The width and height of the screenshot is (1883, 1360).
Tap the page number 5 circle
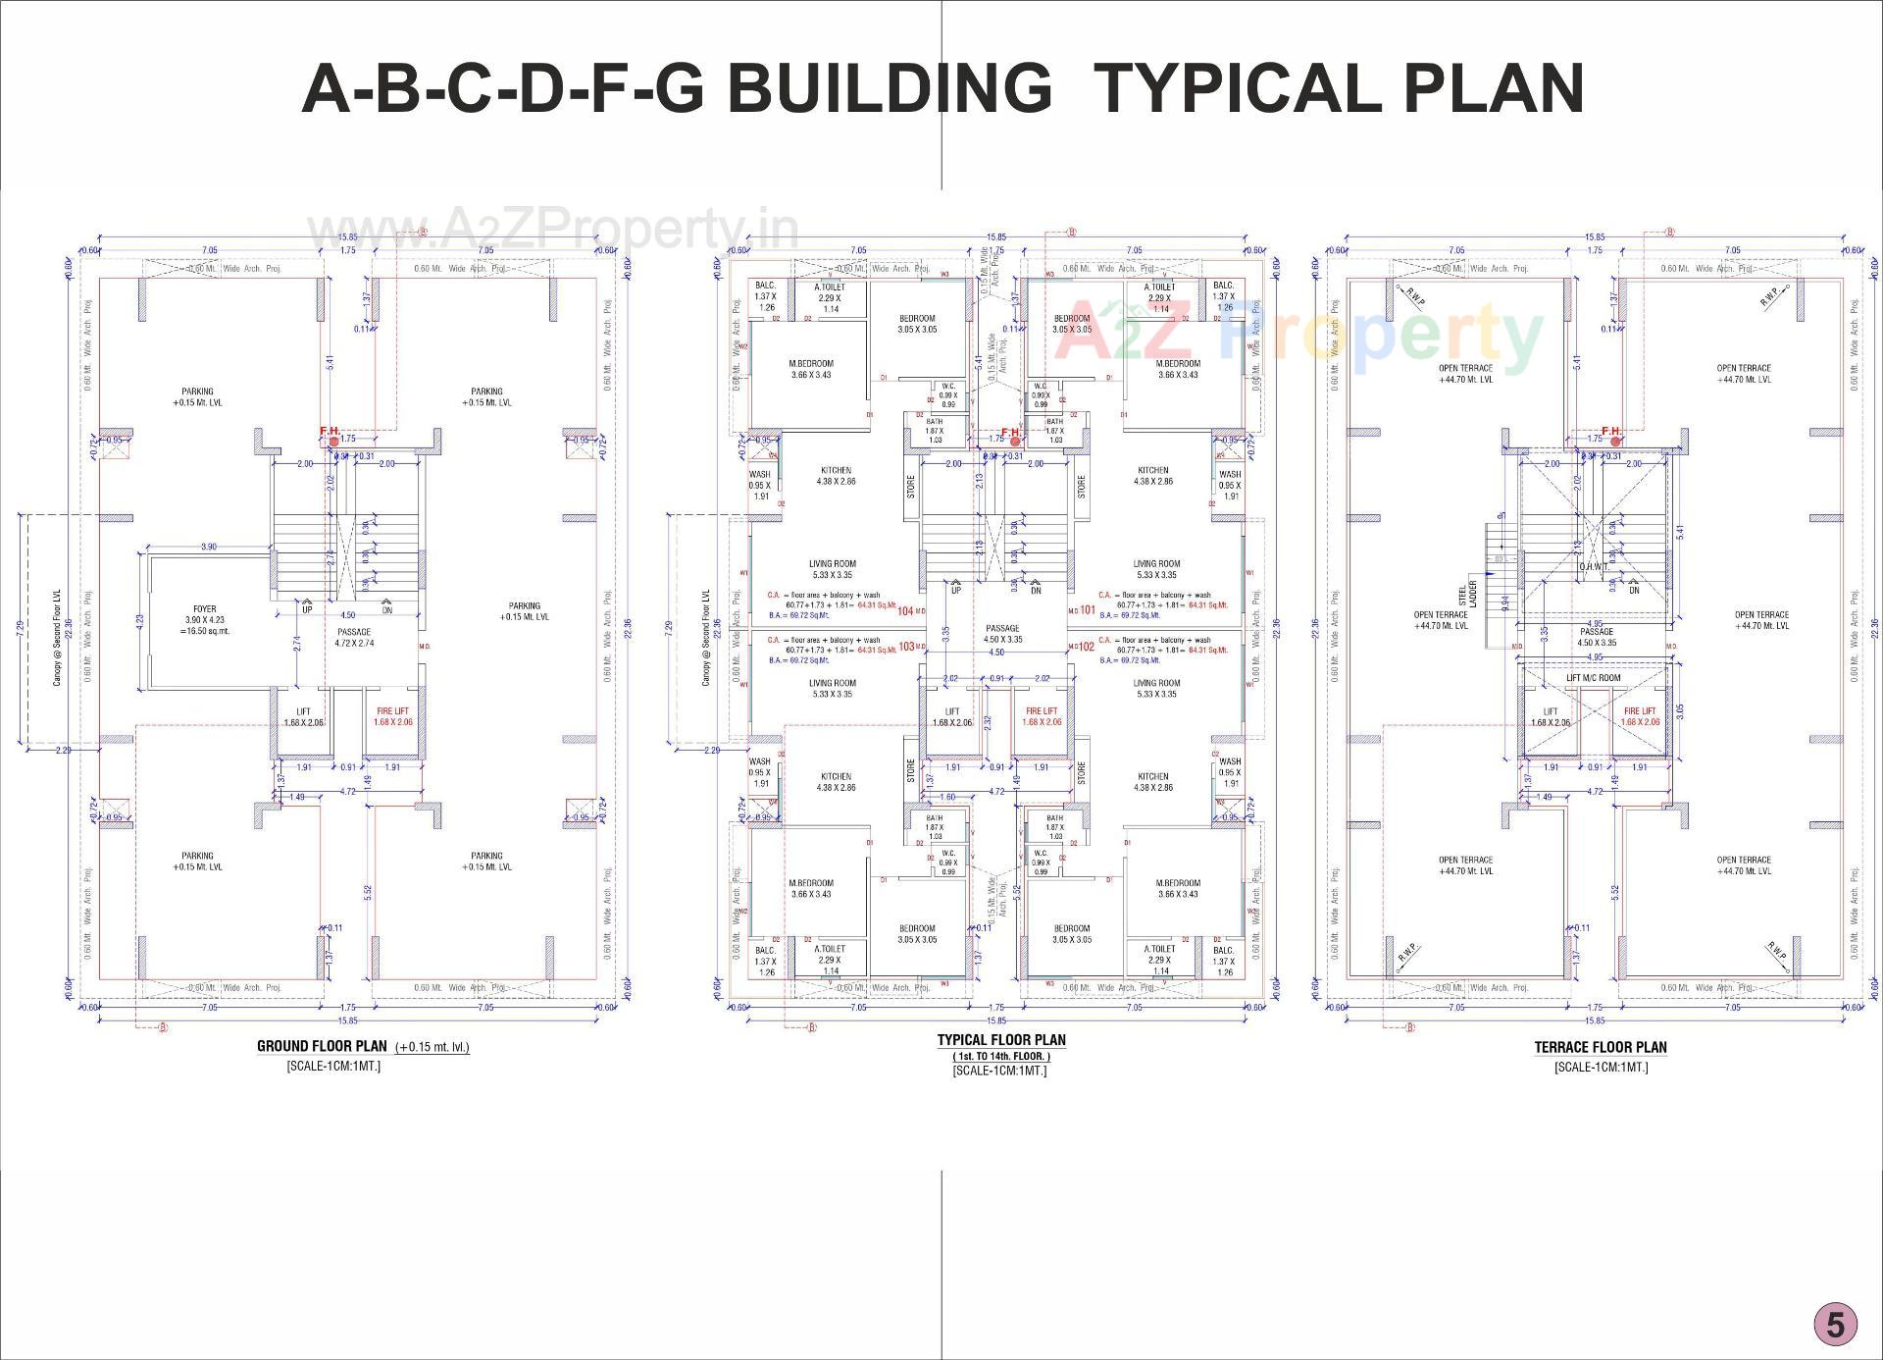1834,1325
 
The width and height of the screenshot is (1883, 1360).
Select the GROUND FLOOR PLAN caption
322,1046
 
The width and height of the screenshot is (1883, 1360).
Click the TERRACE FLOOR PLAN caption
1601,1047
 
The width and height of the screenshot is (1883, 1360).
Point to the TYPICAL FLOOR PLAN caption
1000,1040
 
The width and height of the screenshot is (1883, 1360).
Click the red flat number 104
905,611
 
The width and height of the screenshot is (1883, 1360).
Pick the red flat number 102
1086,647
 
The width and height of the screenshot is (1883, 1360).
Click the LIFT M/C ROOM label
1594,678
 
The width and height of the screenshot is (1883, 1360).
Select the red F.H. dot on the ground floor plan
334,443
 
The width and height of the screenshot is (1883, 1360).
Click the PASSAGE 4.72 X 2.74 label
354,638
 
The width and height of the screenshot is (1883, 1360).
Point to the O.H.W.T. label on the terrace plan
1593,566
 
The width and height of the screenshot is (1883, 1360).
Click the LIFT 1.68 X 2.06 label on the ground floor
303,716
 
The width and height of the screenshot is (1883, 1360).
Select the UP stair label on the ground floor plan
307,609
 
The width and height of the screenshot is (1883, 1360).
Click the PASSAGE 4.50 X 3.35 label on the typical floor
1002,634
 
